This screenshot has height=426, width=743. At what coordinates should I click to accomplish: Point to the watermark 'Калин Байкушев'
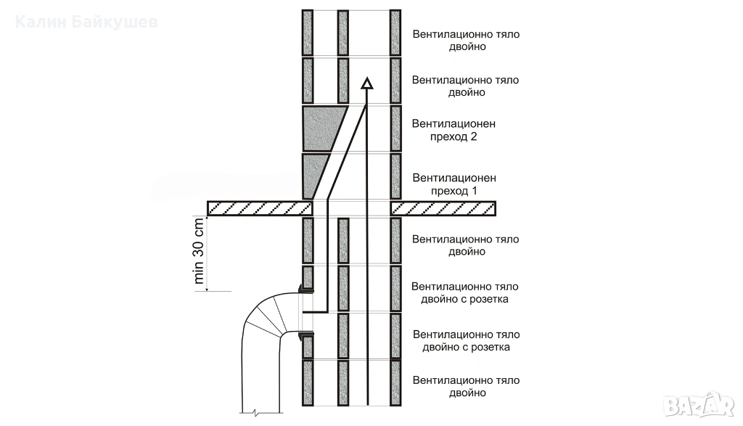coord(86,22)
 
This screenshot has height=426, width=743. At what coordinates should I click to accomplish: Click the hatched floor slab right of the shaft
coord(443,208)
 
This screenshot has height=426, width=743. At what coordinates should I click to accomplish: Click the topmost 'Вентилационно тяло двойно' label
coord(466,40)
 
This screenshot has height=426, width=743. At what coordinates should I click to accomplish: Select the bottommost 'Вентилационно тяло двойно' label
coord(466,387)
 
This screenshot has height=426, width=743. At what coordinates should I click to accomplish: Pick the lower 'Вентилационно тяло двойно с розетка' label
coord(466,340)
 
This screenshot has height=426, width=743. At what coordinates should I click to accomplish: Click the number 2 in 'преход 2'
coord(472,136)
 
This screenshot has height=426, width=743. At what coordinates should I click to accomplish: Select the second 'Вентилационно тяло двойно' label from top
coord(466,86)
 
